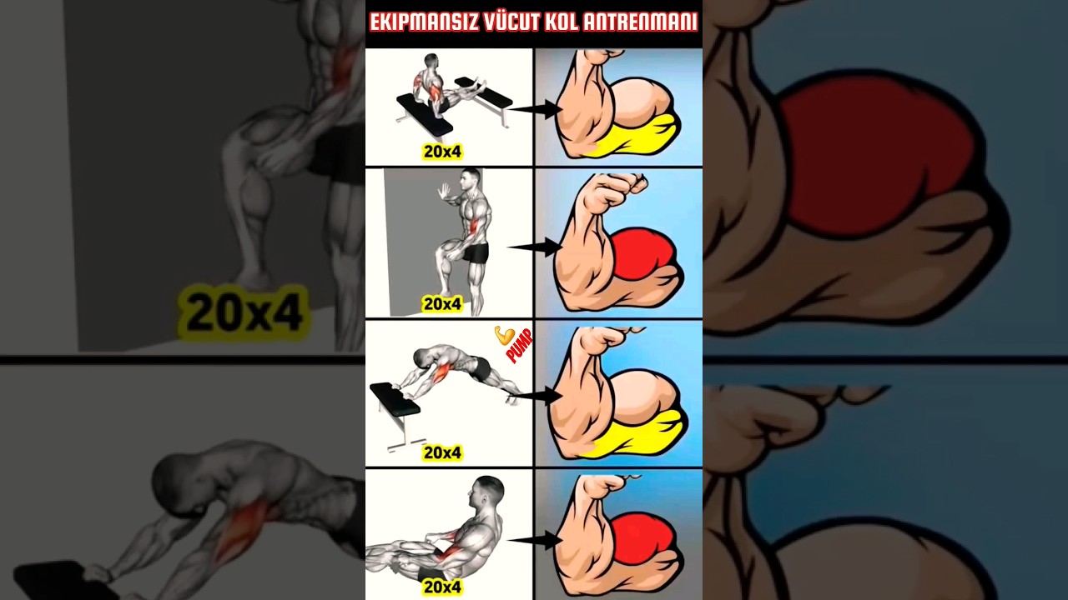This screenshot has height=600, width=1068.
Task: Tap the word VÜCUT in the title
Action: [x=511, y=22]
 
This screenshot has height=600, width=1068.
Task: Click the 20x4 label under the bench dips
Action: [x=442, y=152]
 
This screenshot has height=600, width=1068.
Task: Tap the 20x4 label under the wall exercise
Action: [x=442, y=304]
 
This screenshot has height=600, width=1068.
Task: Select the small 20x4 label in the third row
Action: [x=442, y=453]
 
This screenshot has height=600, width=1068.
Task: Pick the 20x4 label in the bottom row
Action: [x=442, y=587]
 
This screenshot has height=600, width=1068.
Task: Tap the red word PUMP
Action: [x=519, y=346]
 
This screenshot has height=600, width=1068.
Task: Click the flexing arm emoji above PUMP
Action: [x=503, y=335]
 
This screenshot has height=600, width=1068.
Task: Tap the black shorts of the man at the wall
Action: [x=476, y=252]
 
